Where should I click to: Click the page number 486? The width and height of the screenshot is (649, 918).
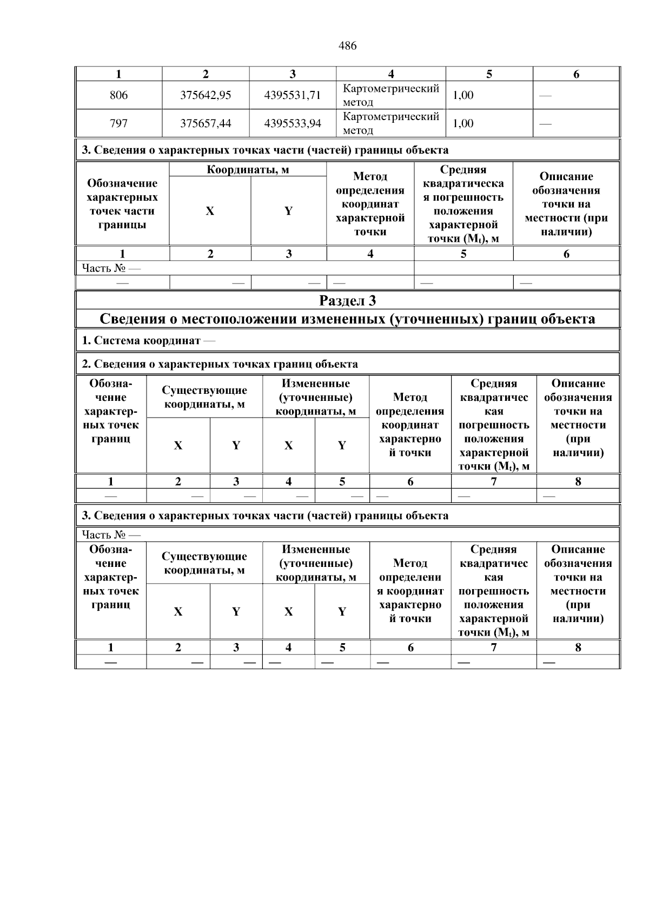click(347, 46)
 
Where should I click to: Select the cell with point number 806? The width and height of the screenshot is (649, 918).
click(118, 96)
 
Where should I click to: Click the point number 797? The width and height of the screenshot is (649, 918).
click(118, 124)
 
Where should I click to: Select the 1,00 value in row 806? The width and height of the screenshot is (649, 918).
click(463, 96)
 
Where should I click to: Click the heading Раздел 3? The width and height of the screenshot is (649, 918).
click(347, 301)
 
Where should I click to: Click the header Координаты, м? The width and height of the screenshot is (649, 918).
click(248, 170)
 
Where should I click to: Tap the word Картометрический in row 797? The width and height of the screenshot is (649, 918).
click(390, 117)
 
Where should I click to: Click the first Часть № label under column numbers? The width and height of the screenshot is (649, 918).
click(111, 268)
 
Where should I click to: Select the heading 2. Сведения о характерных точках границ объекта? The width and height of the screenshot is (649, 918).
click(220, 364)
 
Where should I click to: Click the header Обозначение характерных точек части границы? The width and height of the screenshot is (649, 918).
click(122, 204)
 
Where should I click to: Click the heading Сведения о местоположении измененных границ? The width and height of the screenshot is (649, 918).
click(347, 319)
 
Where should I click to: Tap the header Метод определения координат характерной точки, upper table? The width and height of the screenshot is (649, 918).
click(370, 204)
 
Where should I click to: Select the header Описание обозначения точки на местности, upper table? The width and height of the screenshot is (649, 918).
click(566, 204)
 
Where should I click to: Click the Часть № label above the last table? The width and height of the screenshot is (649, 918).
click(111, 534)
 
